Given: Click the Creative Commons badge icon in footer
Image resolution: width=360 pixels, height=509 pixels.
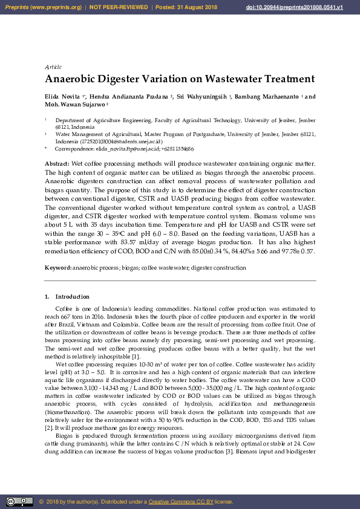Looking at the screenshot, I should coord(19,502).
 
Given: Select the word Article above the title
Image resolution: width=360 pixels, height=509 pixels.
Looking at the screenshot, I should coord(53,66).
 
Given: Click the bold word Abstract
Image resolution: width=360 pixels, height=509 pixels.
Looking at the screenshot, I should coord(57,164).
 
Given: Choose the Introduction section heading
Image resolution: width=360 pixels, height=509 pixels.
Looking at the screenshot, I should coord(72,297).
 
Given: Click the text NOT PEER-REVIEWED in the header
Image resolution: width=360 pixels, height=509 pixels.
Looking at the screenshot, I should coord(119,7).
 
